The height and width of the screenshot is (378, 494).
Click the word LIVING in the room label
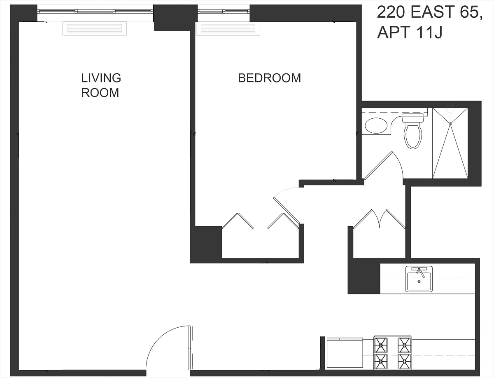[101, 78]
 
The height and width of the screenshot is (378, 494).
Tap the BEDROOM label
[269, 78]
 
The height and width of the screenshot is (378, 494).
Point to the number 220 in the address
[391, 12]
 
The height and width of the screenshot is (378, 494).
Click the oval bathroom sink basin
[376, 126]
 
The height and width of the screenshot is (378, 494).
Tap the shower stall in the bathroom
[450, 143]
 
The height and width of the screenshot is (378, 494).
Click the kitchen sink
[419, 279]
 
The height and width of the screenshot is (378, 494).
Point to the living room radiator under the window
[95, 28]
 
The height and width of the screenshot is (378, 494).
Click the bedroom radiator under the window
[228, 28]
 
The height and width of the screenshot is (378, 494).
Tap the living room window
[95, 12]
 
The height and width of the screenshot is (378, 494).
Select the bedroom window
[224, 12]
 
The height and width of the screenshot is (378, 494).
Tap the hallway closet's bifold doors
[379, 219]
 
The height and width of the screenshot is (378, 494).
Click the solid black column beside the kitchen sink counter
[364, 276]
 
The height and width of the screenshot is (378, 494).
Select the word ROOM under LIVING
[100, 93]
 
